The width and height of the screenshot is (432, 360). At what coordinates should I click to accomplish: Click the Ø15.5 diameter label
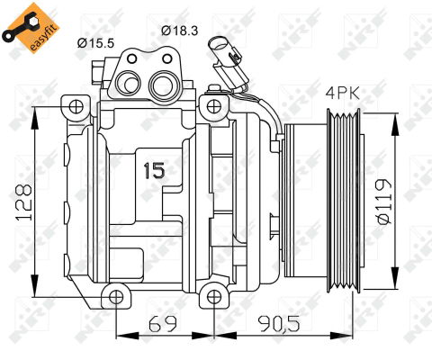(x=95, y=40)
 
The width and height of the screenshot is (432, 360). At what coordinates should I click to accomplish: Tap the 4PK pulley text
(x=341, y=92)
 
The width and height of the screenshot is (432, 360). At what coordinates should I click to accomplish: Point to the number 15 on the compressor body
(x=156, y=167)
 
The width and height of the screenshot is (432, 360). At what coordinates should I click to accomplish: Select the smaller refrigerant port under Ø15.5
(x=129, y=83)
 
